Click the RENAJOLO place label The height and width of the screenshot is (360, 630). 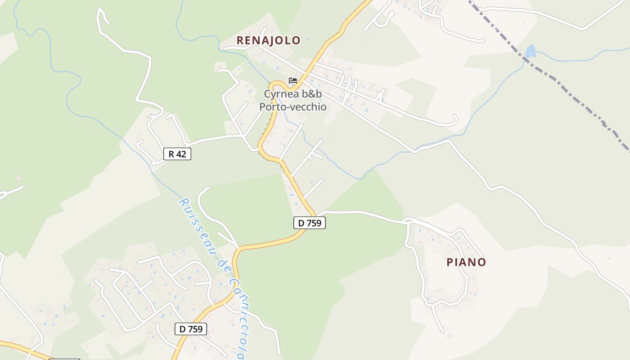pyautogui.click(x=268, y=40)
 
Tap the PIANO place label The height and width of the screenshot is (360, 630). pyautogui.click(x=466, y=262)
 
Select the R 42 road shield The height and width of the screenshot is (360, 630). pyautogui.click(x=177, y=154)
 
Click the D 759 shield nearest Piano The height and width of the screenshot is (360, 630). pyautogui.click(x=309, y=222)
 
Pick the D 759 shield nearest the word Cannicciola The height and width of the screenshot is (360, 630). pyautogui.click(x=190, y=329)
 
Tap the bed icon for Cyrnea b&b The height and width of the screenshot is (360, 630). pyautogui.click(x=293, y=81)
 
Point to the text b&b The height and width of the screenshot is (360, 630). pyautogui.click(x=315, y=94)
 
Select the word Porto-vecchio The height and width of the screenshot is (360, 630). pyautogui.click(x=292, y=107)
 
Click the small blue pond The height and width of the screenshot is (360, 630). pyautogui.click(x=531, y=51)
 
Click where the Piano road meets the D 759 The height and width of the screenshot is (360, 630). pyautogui.click(x=317, y=214)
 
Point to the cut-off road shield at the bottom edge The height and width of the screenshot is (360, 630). pyautogui.click(x=64, y=359)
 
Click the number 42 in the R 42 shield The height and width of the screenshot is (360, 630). pyautogui.click(x=180, y=154)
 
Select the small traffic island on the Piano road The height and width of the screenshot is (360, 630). pyautogui.click(x=408, y=220)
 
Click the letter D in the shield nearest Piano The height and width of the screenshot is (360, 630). pyautogui.click(x=300, y=222)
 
